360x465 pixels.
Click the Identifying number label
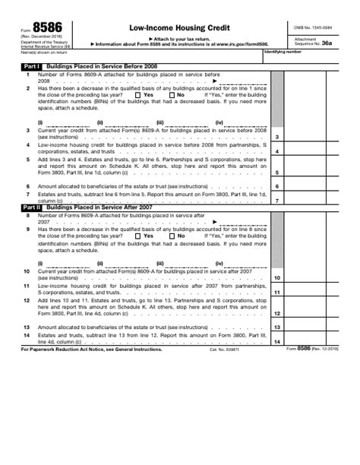click(x=282, y=52)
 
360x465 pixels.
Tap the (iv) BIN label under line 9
click(x=219, y=263)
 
